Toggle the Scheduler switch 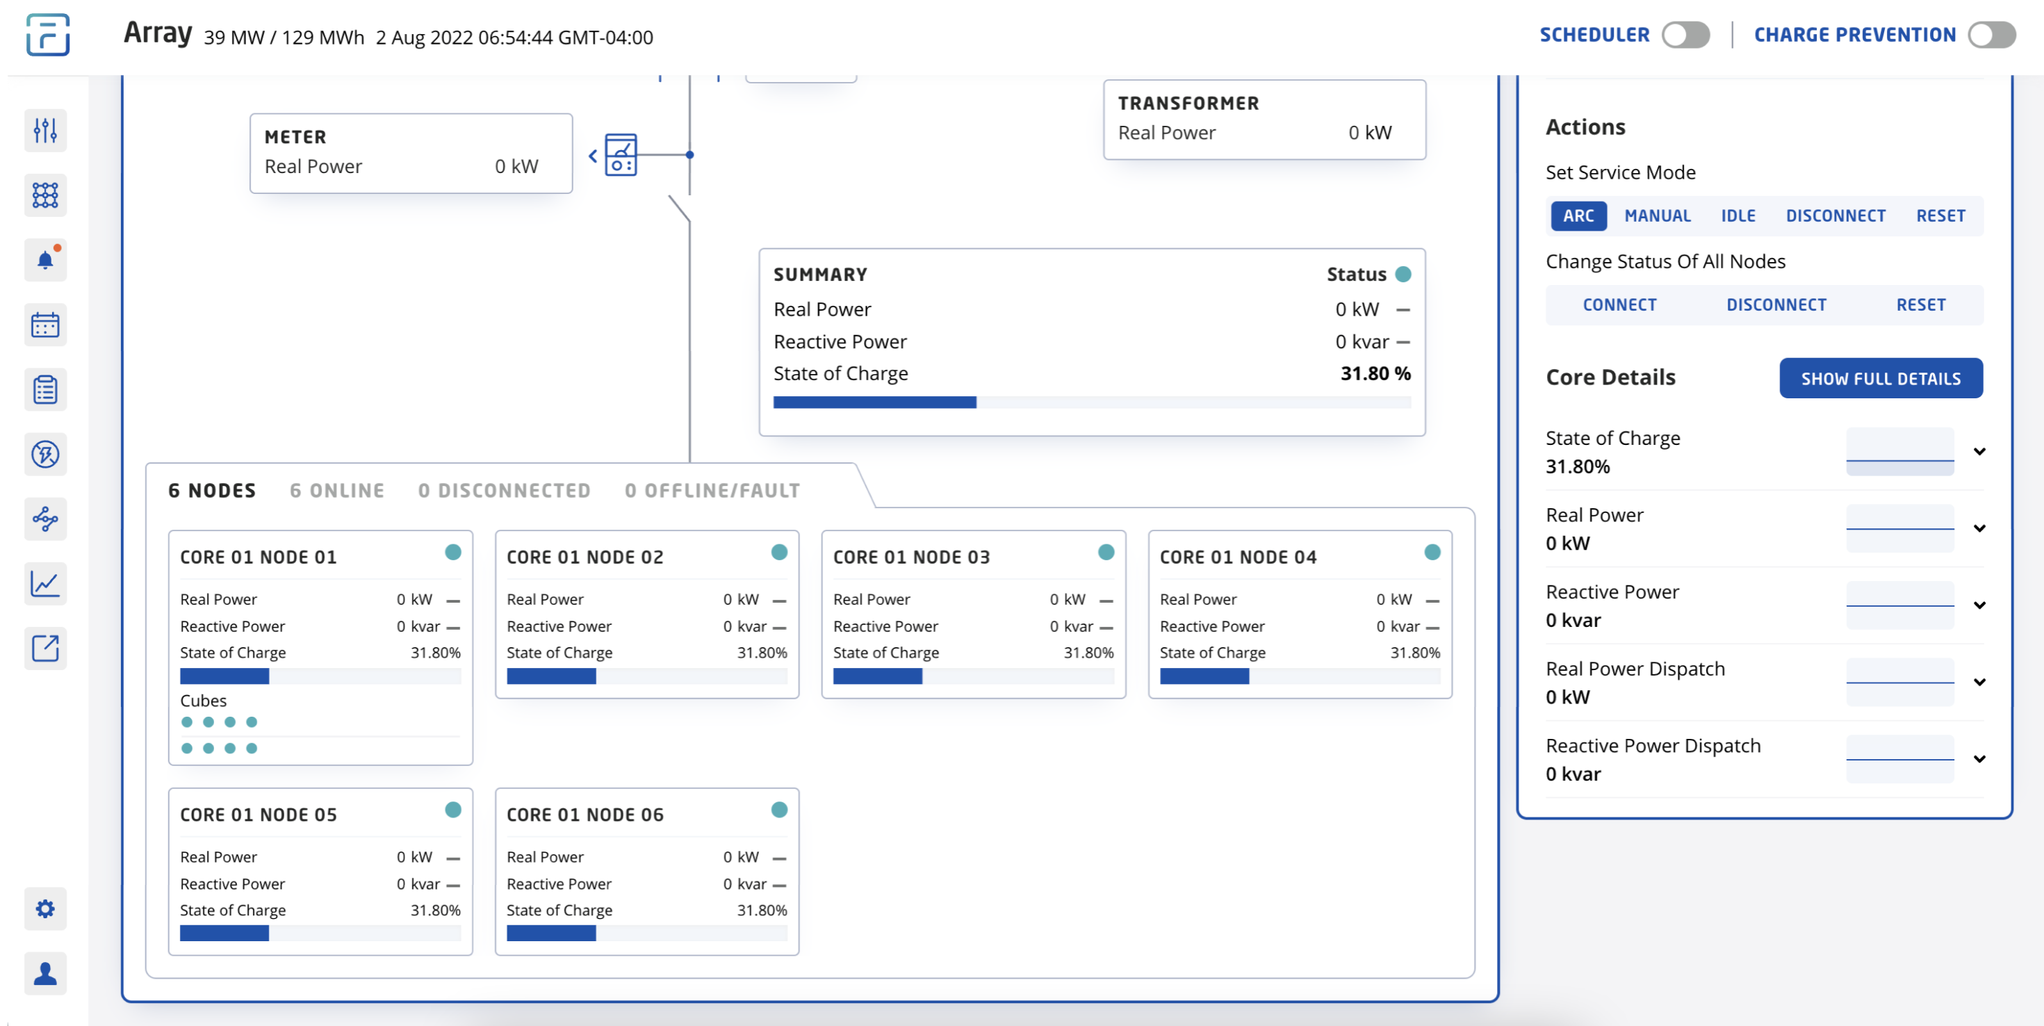pyautogui.click(x=1685, y=35)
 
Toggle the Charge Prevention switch pyautogui.click(x=1991, y=35)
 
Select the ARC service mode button pyautogui.click(x=1578, y=215)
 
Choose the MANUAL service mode pyautogui.click(x=1658, y=215)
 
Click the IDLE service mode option pyautogui.click(x=1738, y=215)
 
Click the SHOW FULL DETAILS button pyautogui.click(x=1881, y=379)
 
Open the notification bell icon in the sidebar pyautogui.click(x=45, y=260)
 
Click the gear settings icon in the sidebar pyautogui.click(x=45, y=909)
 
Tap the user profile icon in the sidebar pyautogui.click(x=45, y=974)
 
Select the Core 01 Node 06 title pyautogui.click(x=584, y=815)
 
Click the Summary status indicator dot pyautogui.click(x=1403, y=275)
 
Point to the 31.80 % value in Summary pyautogui.click(x=1375, y=374)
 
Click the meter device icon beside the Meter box pyautogui.click(x=621, y=155)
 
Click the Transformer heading pyautogui.click(x=1188, y=103)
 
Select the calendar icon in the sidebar pyautogui.click(x=45, y=325)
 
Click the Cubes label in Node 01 pyautogui.click(x=203, y=701)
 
